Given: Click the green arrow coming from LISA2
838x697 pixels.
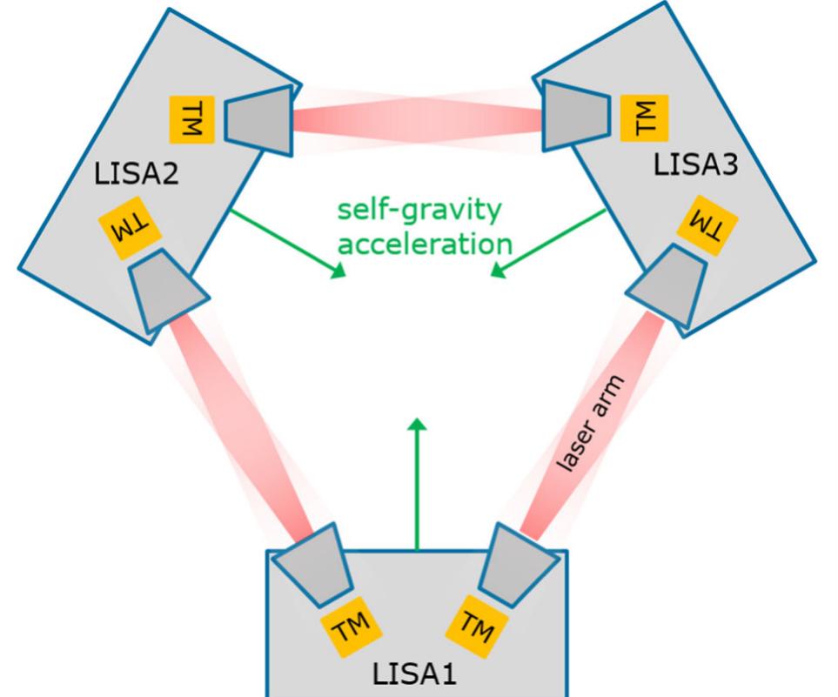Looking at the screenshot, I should [287, 245].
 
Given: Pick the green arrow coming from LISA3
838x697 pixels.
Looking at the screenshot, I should [547, 244].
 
